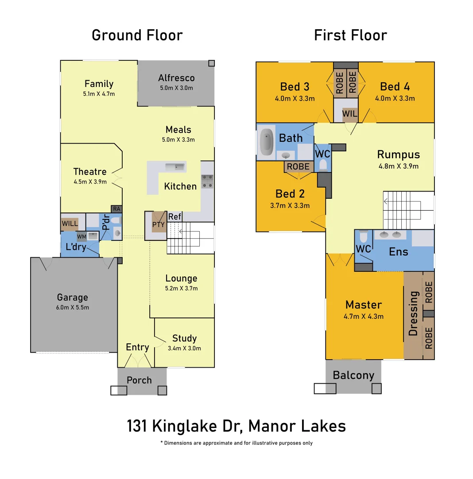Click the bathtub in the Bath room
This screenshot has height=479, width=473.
click(x=267, y=142)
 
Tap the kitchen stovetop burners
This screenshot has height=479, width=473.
click(x=207, y=182)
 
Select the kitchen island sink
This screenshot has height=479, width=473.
click(x=175, y=167)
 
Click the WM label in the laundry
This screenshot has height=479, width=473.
click(x=82, y=236)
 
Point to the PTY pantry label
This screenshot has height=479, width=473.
click(x=158, y=224)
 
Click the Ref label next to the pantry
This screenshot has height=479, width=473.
click(x=174, y=217)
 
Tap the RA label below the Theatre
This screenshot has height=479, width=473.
click(x=116, y=208)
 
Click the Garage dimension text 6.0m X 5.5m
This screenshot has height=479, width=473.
click(x=73, y=307)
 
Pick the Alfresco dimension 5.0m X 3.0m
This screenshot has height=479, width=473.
click(x=176, y=88)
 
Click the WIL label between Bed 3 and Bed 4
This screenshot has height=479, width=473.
click(x=349, y=114)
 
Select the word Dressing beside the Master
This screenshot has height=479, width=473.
click(x=413, y=313)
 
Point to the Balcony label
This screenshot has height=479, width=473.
click(x=353, y=375)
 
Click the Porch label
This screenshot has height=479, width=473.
click(x=139, y=380)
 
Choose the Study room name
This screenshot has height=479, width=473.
click(x=184, y=338)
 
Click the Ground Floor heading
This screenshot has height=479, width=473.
click(x=137, y=35)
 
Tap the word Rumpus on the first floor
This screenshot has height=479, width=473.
click(x=398, y=154)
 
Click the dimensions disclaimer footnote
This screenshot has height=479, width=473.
click(x=236, y=443)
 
